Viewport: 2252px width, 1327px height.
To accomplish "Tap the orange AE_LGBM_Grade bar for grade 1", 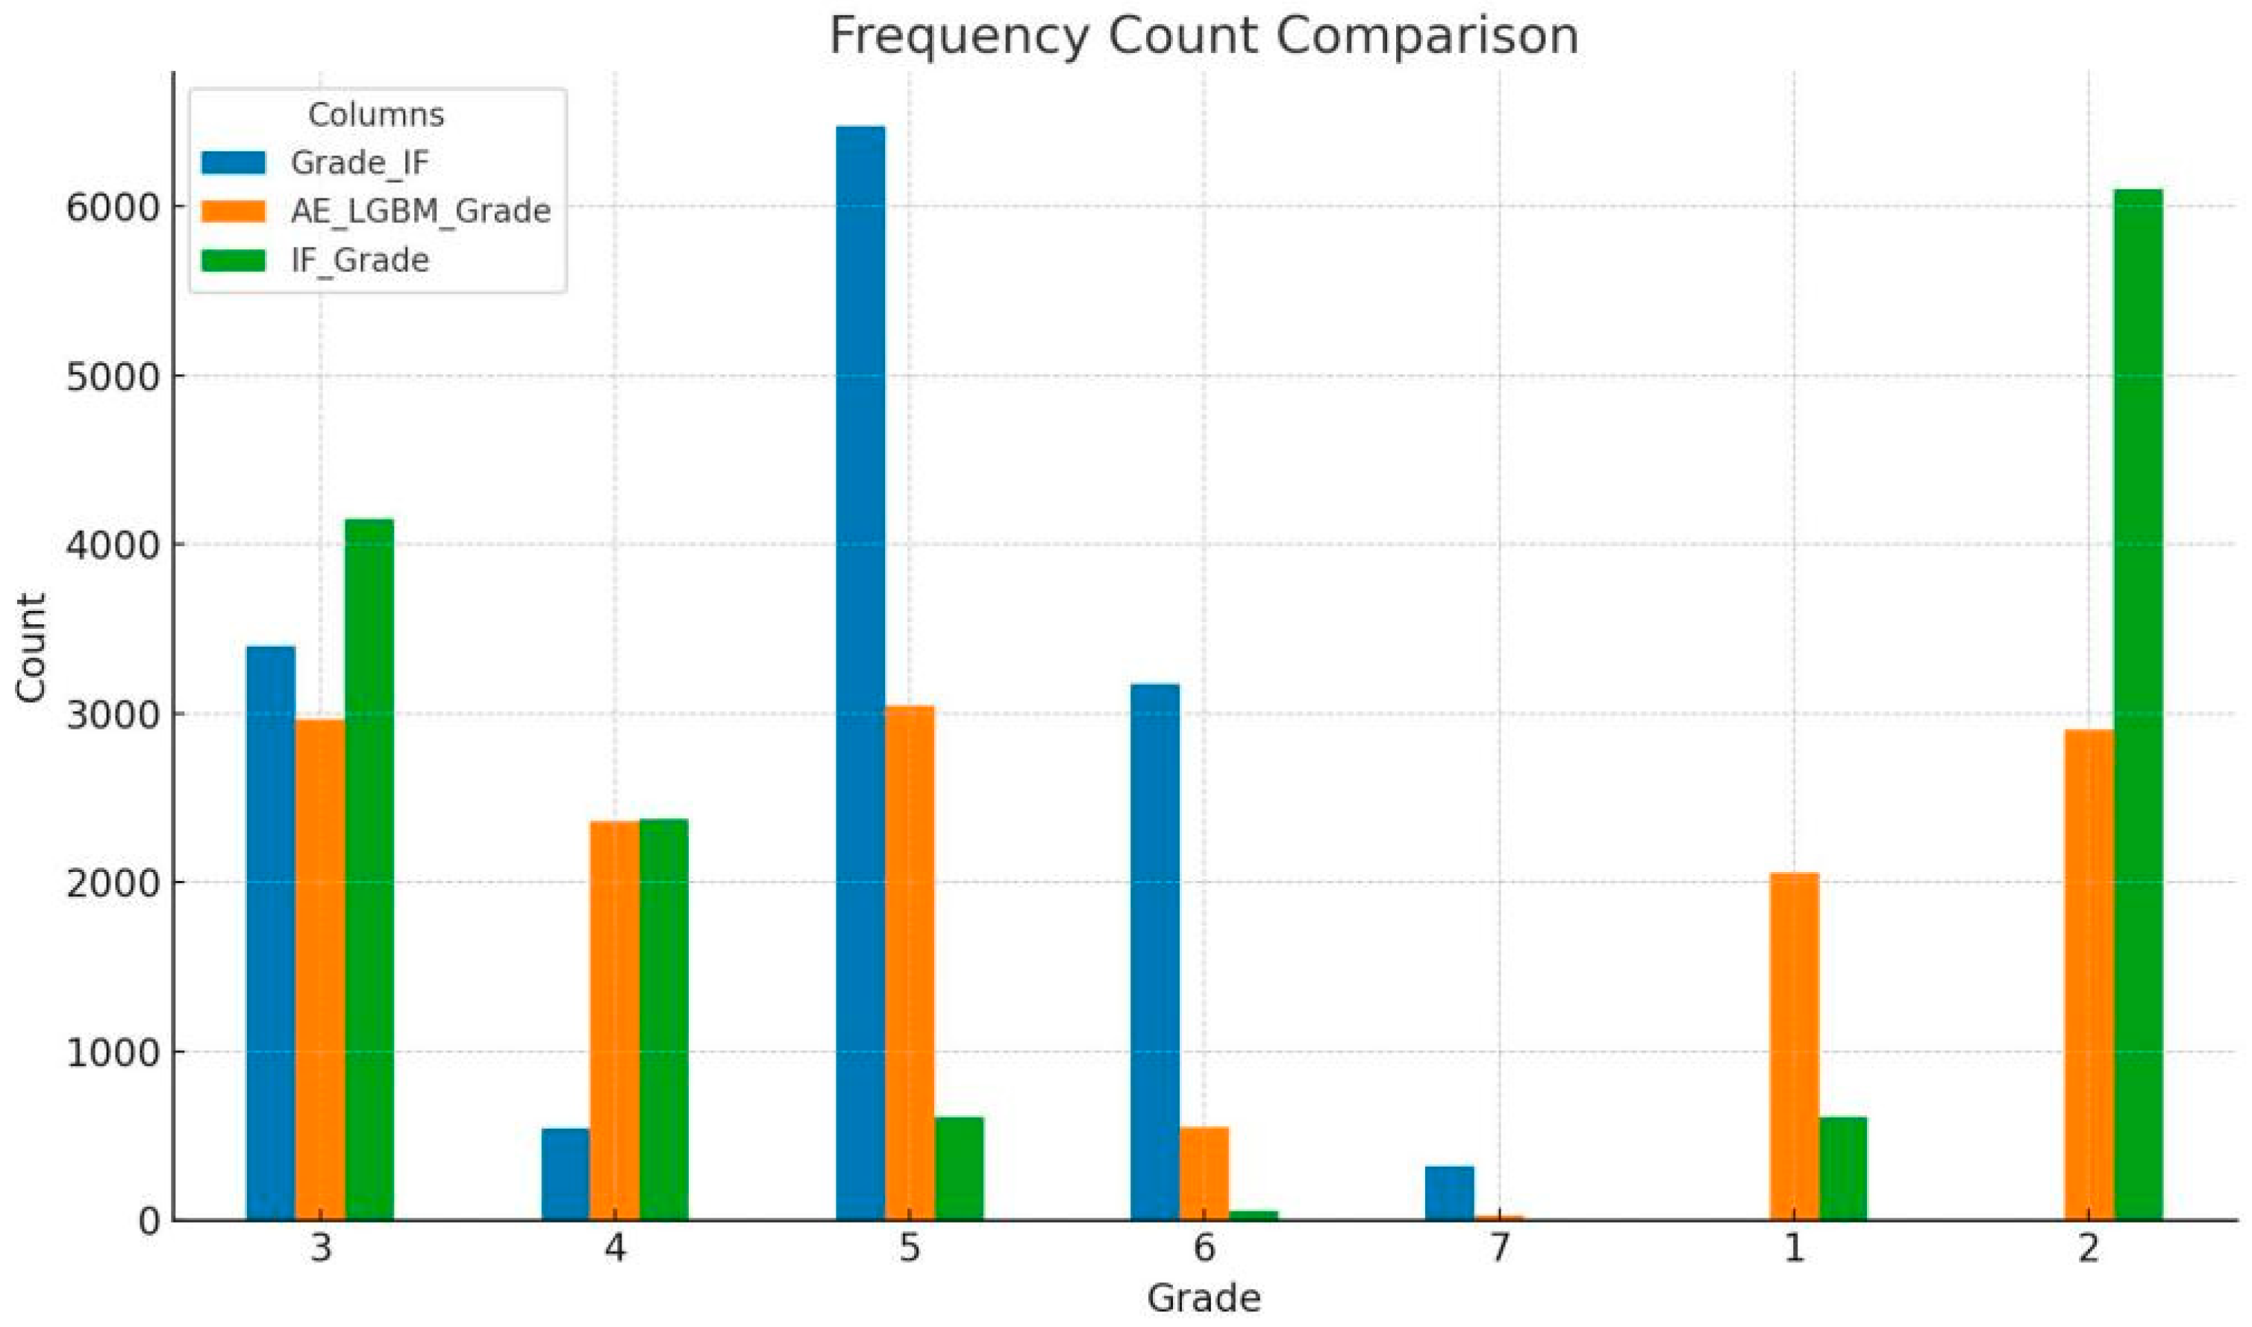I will click(x=1794, y=1047).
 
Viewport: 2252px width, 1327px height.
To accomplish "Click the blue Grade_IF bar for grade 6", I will click(x=1154, y=952).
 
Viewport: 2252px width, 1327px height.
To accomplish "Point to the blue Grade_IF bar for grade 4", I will click(x=565, y=1174).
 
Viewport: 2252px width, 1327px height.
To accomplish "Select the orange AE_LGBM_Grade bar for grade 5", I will click(x=910, y=962).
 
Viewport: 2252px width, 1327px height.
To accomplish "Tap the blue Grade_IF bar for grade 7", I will click(x=1449, y=1193).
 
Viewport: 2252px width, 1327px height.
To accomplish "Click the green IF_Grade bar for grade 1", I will click(x=1843, y=1168).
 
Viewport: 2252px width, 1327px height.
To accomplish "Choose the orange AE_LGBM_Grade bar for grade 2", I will click(x=2089, y=975).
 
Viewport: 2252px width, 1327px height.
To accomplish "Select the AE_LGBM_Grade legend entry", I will click(x=420, y=211).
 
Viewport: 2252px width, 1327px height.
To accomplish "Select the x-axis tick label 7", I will click(x=1500, y=1247).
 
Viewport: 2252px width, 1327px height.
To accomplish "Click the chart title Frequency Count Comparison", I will click(x=1204, y=36).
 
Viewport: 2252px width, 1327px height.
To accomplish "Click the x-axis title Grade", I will click(x=1204, y=1299).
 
